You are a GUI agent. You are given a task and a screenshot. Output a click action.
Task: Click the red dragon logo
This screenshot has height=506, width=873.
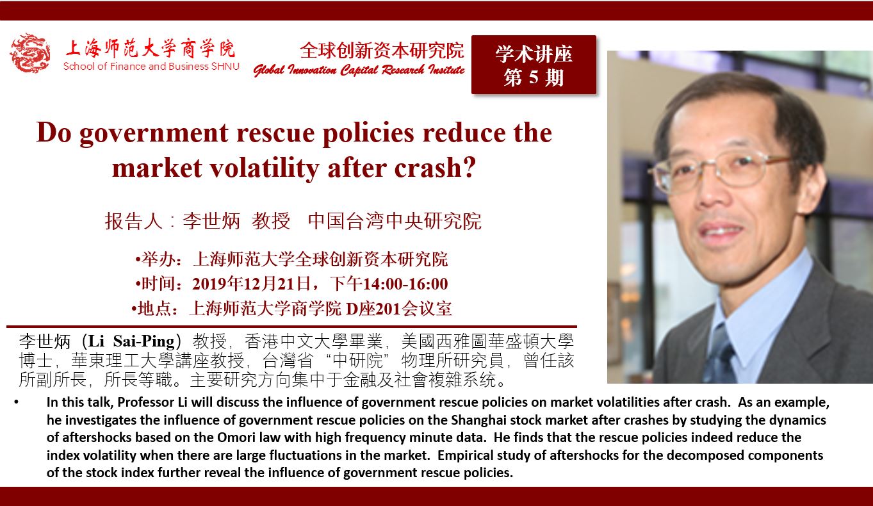(x=30, y=53)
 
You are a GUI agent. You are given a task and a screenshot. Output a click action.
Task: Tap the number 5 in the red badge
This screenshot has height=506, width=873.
(x=534, y=78)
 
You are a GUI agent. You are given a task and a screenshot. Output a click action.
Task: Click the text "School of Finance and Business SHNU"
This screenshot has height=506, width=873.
(x=151, y=66)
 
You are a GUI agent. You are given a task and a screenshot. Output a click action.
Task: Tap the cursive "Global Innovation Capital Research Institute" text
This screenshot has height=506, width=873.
(x=359, y=70)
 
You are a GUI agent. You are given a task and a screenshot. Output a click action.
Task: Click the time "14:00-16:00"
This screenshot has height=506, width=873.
(x=405, y=284)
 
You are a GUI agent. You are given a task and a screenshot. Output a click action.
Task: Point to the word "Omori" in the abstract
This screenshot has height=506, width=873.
(x=240, y=437)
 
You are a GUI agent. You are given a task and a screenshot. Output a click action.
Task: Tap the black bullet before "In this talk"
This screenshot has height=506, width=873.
(x=17, y=402)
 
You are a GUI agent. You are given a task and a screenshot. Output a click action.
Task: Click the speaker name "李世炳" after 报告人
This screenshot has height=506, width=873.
(x=211, y=221)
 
